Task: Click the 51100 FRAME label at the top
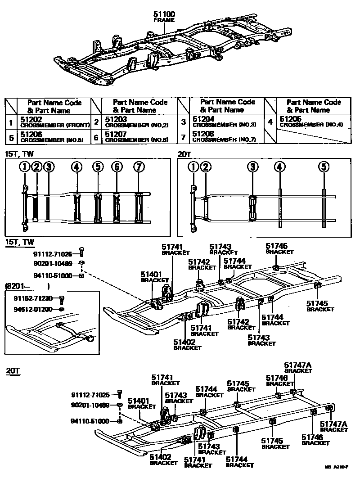(x=164, y=17)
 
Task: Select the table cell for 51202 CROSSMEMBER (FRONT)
(x=54, y=122)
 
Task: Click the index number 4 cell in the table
(x=270, y=122)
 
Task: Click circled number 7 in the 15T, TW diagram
(x=139, y=167)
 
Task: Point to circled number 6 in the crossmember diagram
(x=117, y=167)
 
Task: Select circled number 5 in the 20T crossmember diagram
(x=323, y=167)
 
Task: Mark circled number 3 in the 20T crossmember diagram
(x=253, y=167)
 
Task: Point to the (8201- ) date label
(x=27, y=286)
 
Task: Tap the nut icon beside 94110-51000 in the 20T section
(x=120, y=421)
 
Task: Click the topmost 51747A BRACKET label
(x=297, y=368)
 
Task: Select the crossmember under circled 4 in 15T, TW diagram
(x=77, y=207)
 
